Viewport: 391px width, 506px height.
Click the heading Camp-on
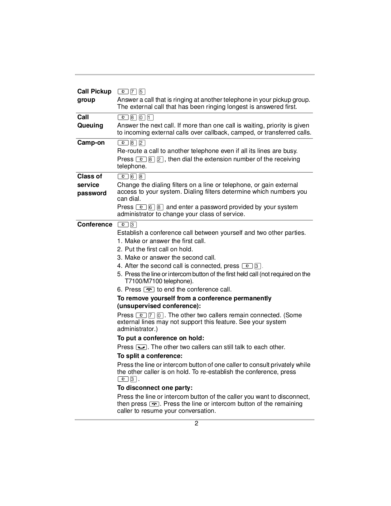[x=91, y=143]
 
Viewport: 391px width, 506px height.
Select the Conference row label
[x=94, y=224]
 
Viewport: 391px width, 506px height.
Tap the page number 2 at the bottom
[x=196, y=423]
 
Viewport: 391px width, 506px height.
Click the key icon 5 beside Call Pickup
[x=142, y=92]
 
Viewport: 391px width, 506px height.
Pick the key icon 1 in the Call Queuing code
[x=150, y=117]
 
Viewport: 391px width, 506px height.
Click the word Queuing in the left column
[x=90, y=125]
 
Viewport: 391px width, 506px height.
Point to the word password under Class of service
[x=92, y=193]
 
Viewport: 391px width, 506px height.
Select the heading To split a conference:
[x=150, y=356]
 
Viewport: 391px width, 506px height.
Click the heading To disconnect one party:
[x=155, y=388]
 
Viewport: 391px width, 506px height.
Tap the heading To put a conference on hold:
[x=160, y=338]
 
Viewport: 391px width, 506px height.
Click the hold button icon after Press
[x=141, y=347]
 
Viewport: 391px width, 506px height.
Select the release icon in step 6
[x=149, y=289]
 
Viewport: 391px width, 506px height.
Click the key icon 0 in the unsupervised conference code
[x=160, y=315]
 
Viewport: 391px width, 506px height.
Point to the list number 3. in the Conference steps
[x=120, y=257]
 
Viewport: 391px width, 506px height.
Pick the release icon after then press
[x=154, y=404]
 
